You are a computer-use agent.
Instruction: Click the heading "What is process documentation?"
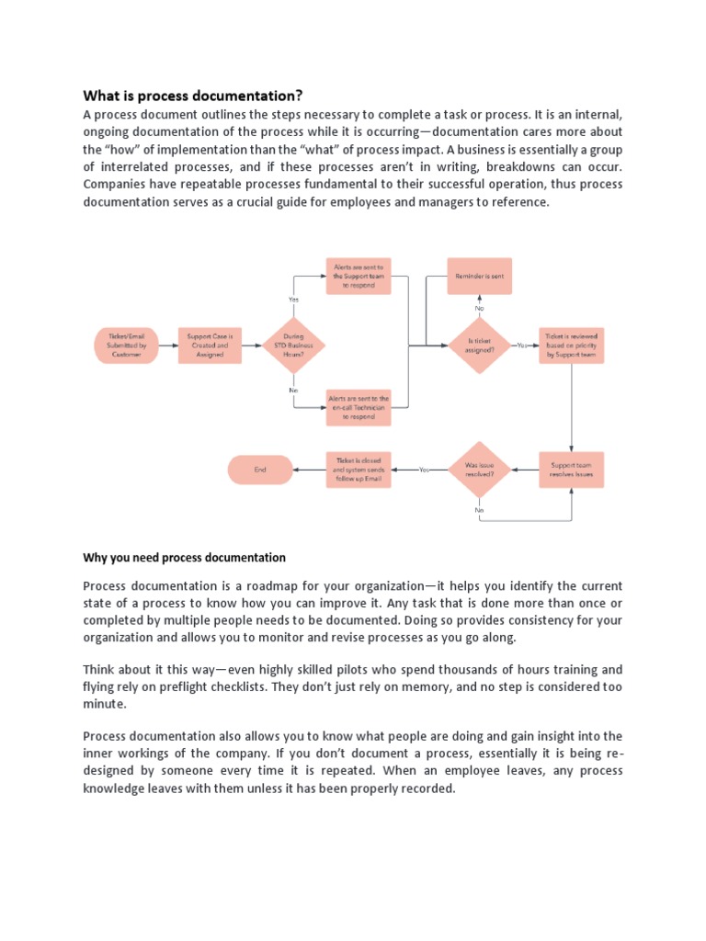(x=193, y=96)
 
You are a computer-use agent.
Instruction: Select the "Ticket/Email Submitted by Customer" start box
(x=126, y=345)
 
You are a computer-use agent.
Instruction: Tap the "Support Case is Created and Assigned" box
(x=211, y=345)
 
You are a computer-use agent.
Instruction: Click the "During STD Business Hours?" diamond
(x=294, y=345)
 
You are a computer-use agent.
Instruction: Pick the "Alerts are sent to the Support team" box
(x=359, y=277)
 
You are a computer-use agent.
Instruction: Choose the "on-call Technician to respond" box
(x=359, y=407)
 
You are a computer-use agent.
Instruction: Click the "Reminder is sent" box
(x=479, y=276)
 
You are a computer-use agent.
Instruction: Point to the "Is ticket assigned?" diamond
(x=479, y=345)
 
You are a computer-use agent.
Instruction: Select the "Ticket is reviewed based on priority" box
(x=572, y=345)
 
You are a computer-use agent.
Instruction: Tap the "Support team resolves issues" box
(x=572, y=470)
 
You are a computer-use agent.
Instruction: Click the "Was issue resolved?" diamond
(x=479, y=470)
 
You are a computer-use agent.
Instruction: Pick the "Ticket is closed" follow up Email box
(x=359, y=470)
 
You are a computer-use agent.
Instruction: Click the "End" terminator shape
(x=260, y=470)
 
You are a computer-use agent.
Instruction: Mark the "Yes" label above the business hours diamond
(x=294, y=299)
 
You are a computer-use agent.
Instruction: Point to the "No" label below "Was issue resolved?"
(x=479, y=509)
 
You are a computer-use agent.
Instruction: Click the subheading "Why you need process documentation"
(x=185, y=558)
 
